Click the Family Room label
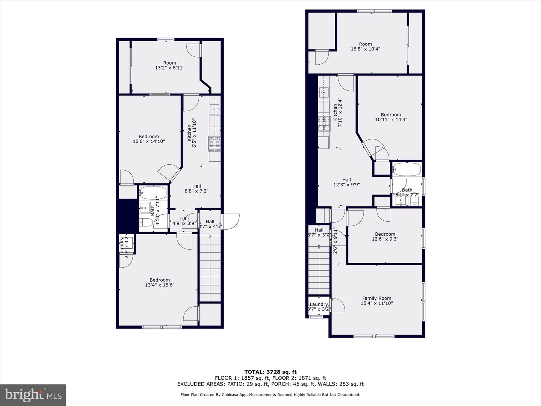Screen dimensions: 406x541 (376, 298)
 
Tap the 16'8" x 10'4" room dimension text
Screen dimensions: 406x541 (365, 49)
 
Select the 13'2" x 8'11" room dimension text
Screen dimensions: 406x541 (169, 68)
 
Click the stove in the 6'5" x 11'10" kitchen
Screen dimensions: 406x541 (215, 144)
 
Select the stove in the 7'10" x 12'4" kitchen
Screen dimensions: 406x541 (324, 124)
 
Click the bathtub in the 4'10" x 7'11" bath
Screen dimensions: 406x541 (153, 193)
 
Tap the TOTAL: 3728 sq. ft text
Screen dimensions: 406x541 (270, 372)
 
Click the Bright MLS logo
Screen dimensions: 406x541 (33, 395)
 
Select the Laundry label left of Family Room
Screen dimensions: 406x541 (319, 304)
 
